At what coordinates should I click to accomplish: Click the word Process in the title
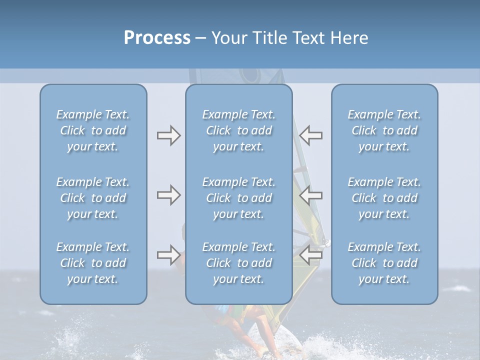(157, 38)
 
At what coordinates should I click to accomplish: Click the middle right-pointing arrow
(168, 195)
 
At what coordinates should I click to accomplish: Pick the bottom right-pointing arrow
(168, 255)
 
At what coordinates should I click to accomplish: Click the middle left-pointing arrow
(311, 195)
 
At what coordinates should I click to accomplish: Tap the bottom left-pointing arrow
(311, 255)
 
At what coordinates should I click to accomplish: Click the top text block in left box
(93, 130)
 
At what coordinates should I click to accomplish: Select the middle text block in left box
(93, 198)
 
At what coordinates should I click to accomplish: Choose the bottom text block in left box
(93, 263)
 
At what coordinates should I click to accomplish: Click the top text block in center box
(238, 130)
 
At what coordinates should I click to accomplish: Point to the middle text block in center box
(238, 198)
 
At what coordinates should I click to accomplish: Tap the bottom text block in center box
(238, 263)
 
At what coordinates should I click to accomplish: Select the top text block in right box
(384, 130)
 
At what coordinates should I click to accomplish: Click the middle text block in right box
(384, 198)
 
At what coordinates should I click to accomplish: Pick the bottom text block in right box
(384, 263)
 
